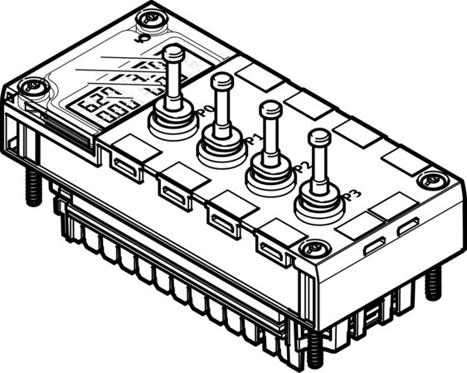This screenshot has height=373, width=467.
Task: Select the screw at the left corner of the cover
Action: tap(32, 84)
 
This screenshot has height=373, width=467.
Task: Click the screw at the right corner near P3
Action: tap(429, 179)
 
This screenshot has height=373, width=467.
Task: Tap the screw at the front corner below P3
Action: tap(312, 247)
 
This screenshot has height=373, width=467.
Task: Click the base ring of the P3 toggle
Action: tap(318, 201)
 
